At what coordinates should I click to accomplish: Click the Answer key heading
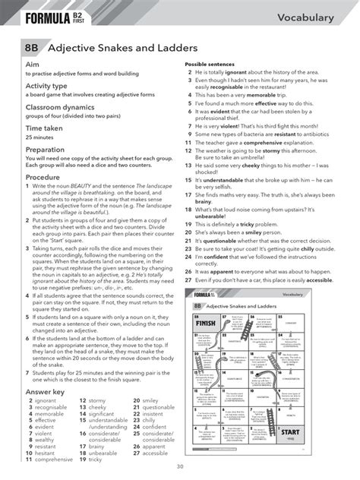click(39, 389)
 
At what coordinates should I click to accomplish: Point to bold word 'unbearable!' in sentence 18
click(207, 216)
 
